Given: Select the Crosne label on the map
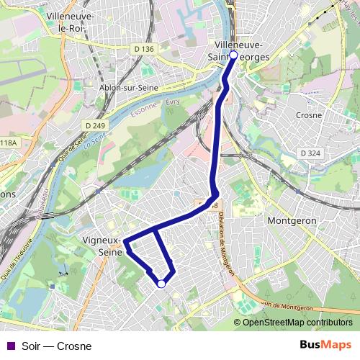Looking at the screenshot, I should click(x=309, y=114).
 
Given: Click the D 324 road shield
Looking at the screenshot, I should click(x=310, y=153).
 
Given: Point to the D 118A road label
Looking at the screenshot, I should click(x=7, y=143).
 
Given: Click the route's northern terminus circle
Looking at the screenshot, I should click(x=233, y=55).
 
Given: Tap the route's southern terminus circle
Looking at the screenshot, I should click(x=161, y=284).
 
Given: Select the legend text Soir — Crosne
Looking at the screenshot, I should click(x=57, y=346).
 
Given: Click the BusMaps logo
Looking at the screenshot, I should click(x=325, y=345).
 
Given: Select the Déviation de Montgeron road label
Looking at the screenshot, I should click(x=223, y=241).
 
